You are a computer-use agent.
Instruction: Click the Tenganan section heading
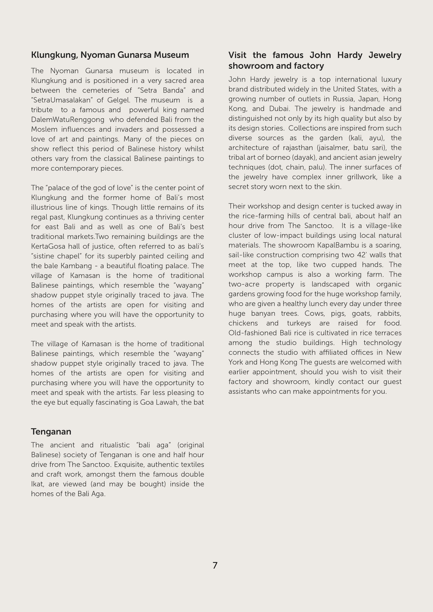tap(51, 431)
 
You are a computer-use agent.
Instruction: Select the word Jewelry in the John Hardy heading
tap(385, 55)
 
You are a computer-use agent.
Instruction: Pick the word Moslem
tap(44, 130)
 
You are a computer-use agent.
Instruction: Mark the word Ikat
tap(37, 484)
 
